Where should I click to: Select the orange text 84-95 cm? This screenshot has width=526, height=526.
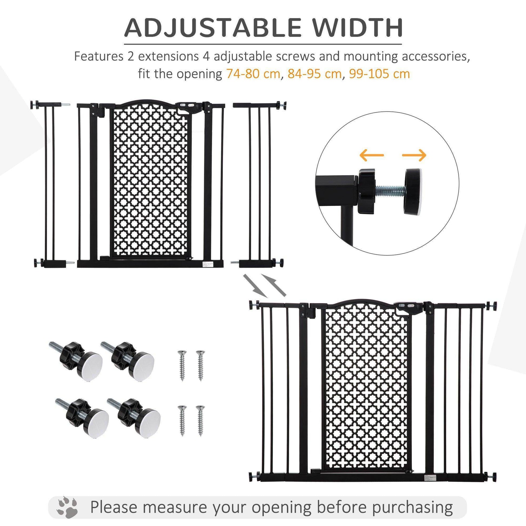coord(314,74)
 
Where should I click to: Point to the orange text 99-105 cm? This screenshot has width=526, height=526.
coord(379,74)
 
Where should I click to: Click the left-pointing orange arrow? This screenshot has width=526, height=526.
coord(371,155)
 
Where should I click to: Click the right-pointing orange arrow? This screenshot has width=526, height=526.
coord(414,155)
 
